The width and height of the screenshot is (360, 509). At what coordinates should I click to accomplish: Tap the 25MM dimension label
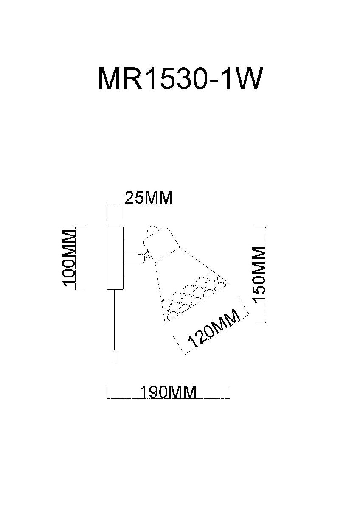click(x=148, y=198)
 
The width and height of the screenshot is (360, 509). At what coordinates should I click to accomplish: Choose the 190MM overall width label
click(x=169, y=392)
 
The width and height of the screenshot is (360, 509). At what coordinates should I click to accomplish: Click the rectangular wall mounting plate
click(x=115, y=258)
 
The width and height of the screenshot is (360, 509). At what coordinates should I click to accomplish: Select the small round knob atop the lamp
click(x=152, y=230)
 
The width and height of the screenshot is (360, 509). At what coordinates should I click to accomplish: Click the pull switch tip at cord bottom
click(x=115, y=356)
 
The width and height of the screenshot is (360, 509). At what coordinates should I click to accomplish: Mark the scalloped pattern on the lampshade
click(x=191, y=295)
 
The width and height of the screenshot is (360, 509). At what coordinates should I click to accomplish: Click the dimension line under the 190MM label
click(x=169, y=399)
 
